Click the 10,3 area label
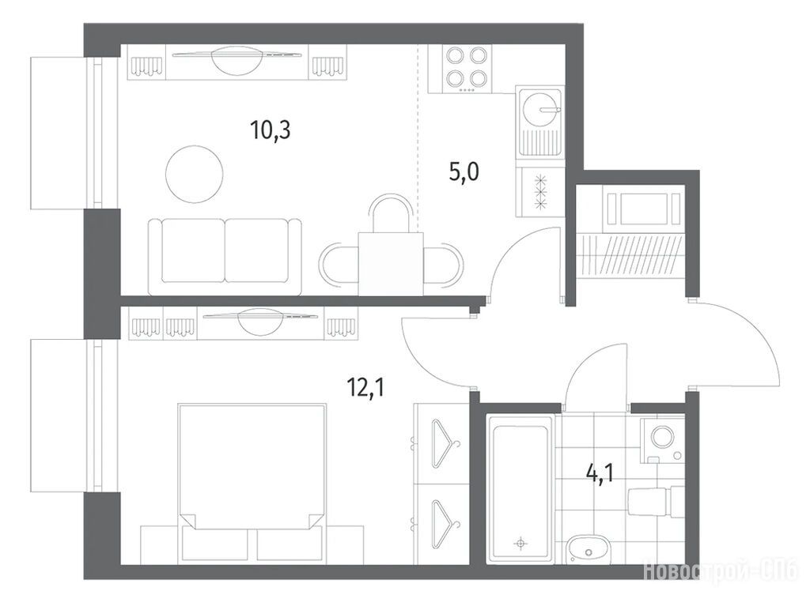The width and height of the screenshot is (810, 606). tap(271, 130)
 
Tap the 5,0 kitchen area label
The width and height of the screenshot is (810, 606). tap(464, 171)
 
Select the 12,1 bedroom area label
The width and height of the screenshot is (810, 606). tap(366, 386)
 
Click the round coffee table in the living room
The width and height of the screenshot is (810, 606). tap(195, 175)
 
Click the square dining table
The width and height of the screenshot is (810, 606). tap(391, 265)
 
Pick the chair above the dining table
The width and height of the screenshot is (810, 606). tap(392, 213)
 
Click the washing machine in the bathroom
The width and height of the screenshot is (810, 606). tap(662, 440)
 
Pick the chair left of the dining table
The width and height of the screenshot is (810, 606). tap(339, 265)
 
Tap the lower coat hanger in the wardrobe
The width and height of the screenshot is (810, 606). tap(445, 522)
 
